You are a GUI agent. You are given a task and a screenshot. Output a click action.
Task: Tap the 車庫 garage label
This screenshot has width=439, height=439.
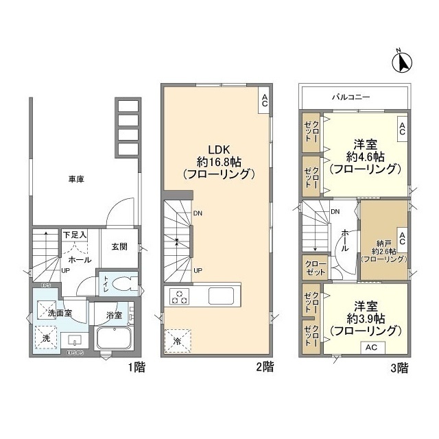76,180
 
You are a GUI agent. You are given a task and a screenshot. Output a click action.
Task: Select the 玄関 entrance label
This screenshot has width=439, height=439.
119,247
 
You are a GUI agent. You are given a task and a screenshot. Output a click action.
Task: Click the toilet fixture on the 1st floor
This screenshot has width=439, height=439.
121,284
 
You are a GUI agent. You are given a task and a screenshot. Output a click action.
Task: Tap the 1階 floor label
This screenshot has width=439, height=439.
136,367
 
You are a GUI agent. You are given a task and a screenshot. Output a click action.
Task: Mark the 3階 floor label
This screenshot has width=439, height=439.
399,367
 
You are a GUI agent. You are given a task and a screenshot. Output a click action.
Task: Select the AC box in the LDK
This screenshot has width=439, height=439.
264,100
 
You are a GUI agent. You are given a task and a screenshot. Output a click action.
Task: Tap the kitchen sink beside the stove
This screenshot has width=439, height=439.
223,297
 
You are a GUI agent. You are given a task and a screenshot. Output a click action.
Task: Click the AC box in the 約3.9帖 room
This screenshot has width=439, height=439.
371,347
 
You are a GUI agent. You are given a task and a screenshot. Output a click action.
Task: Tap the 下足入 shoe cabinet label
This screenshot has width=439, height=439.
75,235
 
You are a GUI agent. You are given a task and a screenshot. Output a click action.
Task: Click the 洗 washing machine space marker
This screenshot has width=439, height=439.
45,338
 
